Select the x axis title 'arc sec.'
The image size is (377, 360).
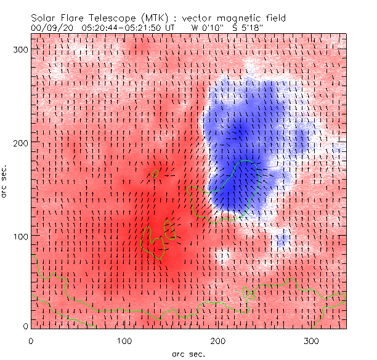(188, 354)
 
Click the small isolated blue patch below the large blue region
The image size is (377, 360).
(283, 239)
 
